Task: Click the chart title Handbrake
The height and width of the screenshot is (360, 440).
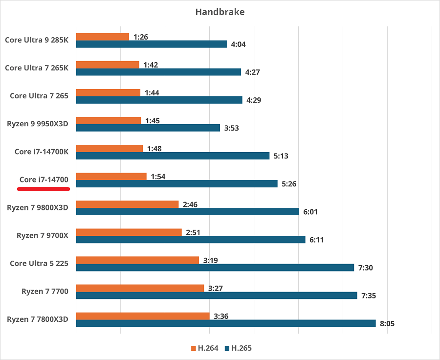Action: click(x=220, y=12)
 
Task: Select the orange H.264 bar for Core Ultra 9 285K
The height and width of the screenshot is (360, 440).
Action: click(x=103, y=37)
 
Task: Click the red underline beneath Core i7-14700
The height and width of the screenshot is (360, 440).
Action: click(x=44, y=188)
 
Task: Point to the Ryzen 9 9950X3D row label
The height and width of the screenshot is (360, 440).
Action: click(x=38, y=124)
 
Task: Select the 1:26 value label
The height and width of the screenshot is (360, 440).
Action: click(x=141, y=37)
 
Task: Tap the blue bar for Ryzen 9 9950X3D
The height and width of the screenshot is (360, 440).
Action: click(x=148, y=128)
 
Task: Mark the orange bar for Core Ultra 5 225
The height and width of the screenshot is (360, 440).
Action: click(x=137, y=260)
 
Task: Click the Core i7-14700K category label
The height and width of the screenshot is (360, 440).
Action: click(x=42, y=152)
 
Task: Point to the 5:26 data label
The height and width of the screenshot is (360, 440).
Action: click(x=288, y=184)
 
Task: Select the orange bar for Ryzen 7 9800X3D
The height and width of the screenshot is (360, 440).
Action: click(x=127, y=204)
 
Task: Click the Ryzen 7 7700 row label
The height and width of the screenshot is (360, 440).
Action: click(x=45, y=292)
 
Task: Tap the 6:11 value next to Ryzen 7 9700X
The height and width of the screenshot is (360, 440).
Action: click(x=316, y=240)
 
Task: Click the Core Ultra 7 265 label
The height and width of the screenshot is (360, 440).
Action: click(x=39, y=96)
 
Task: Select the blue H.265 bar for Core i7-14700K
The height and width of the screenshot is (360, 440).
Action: click(x=173, y=156)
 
